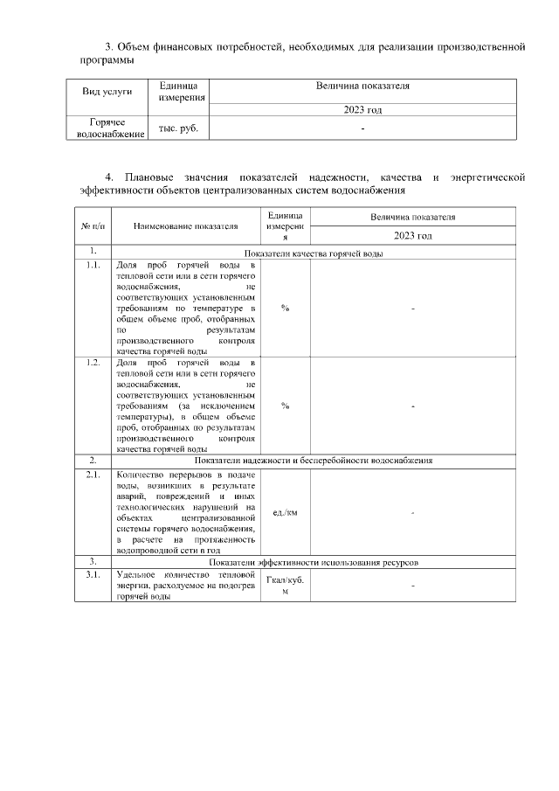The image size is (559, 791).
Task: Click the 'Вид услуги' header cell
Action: [x=107, y=91]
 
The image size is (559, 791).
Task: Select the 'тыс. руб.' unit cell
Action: [x=178, y=128]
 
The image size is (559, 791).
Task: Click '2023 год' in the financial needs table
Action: [x=362, y=110]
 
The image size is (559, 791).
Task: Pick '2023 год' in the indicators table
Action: [x=412, y=236]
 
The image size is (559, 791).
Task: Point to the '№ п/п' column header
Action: [x=93, y=226]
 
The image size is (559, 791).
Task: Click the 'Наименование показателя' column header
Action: [x=185, y=226]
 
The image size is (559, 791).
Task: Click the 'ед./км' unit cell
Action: [x=285, y=512]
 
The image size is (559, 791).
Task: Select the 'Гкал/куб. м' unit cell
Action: [x=285, y=586]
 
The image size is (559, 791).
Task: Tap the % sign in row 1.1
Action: [x=285, y=308]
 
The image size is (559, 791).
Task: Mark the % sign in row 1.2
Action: [x=285, y=406]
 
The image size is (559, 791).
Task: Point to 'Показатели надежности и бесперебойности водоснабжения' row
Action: [x=314, y=460]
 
